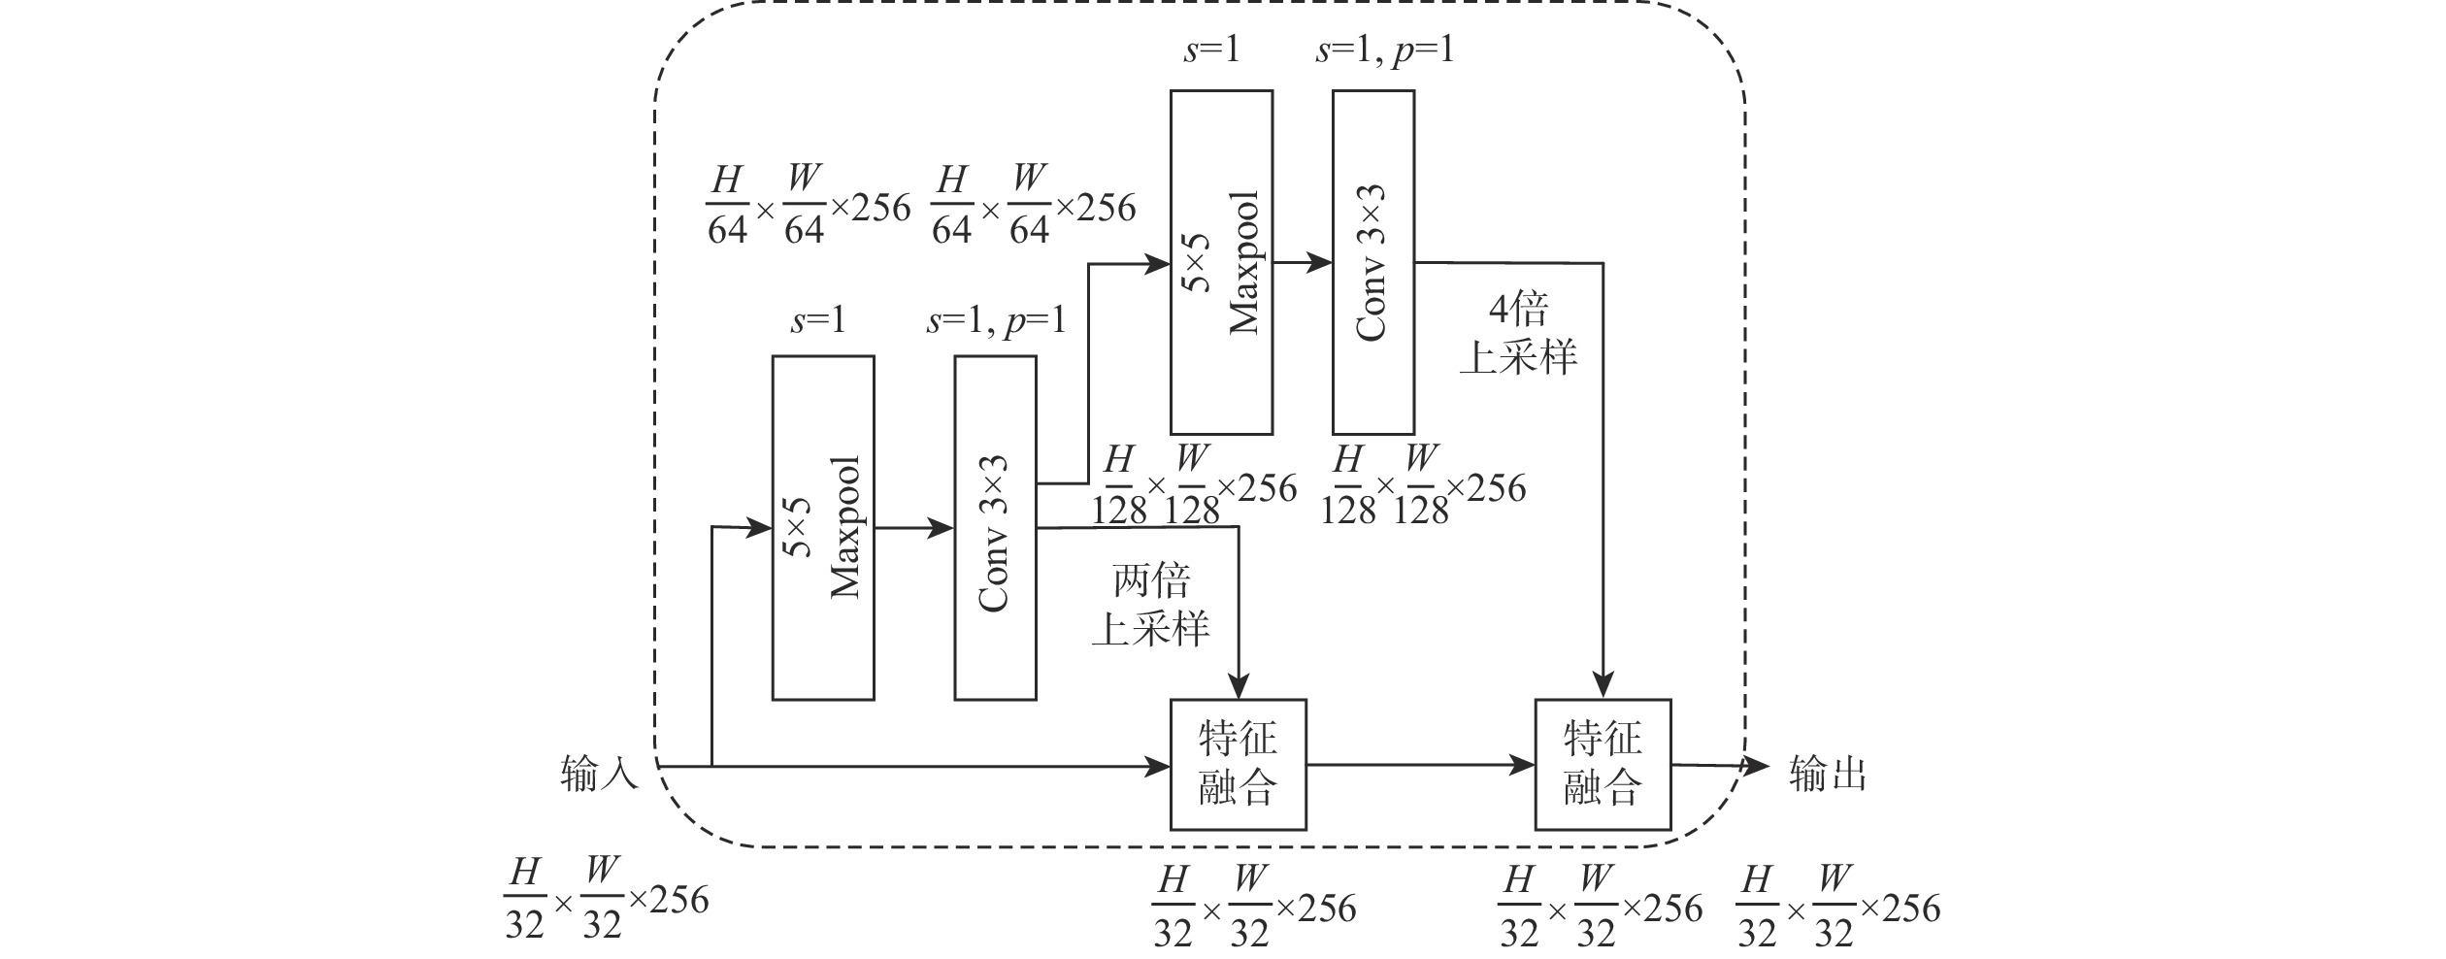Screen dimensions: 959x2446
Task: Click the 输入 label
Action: point(599,775)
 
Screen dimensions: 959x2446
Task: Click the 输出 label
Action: point(1827,775)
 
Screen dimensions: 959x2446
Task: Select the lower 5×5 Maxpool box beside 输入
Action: point(823,527)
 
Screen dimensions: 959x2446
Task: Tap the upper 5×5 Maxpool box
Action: point(1221,262)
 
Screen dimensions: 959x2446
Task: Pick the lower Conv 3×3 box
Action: point(995,527)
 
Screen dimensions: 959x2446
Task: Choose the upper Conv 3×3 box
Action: point(1372,262)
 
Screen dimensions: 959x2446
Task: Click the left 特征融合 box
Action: point(1238,765)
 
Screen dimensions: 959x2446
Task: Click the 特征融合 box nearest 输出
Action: point(1603,765)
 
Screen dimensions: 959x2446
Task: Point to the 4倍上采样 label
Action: point(1519,334)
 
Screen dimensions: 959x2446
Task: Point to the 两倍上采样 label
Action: point(1151,606)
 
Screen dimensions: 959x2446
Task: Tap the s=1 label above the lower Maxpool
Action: point(817,319)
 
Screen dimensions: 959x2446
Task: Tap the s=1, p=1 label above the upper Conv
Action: point(1384,50)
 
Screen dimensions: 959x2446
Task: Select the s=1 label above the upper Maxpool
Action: point(1210,50)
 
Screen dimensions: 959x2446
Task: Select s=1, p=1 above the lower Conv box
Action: point(996,319)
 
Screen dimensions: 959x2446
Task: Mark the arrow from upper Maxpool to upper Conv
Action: point(1303,262)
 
